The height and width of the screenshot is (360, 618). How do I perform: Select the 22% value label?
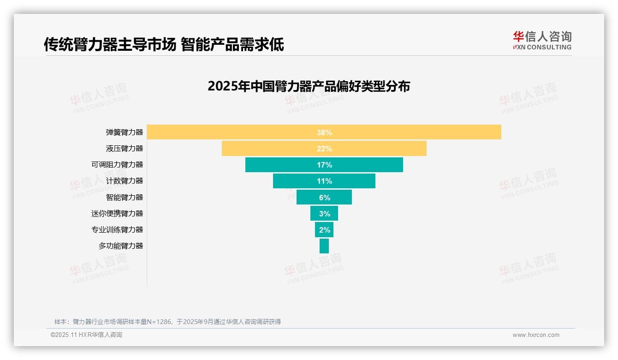[x=324, y=149]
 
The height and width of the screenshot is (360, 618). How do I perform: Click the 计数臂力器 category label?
[x=125, y=181]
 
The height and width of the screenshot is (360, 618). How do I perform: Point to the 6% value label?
[x=324, y=198]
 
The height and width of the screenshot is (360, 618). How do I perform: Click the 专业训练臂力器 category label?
[x=117, y=229]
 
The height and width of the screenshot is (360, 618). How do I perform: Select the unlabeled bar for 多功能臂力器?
[x=324, y=246]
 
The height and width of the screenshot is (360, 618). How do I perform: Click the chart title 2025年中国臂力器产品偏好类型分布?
[x=309, y=86]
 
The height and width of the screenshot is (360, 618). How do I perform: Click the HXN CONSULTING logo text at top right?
[x=542, y=47]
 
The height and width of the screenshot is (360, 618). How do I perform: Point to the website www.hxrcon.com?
[x=536, y=335]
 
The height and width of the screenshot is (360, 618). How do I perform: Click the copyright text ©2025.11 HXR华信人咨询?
[x=86, y=335]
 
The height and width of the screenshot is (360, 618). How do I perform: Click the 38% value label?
[x=324, y=132]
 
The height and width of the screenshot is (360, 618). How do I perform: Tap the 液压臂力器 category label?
[x=125, y=149]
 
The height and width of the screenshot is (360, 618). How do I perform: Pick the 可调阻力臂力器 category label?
[x=117, y=165]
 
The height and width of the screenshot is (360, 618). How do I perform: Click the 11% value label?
[x=324, y=181]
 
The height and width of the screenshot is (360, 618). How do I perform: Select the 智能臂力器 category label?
[x=125, y=197]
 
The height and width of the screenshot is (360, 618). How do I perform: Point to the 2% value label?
[x=324, y=230]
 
